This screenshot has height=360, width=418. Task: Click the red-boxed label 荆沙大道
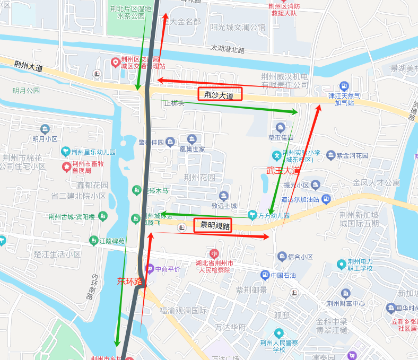pyautogui.click(x=220, y=95)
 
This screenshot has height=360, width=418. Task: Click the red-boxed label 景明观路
pyautogui.click(x=213, y=226)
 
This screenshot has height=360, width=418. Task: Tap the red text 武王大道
pyautogui.click(x=283, y=171)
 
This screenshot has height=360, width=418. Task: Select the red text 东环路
pyautogui.click(x=130, y=281)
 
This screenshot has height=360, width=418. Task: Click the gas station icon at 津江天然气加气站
pyautogui.click(x=344, y=86)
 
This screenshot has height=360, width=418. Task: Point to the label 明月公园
pyautogui.click(x=27, y=91)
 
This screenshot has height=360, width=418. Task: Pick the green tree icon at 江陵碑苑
pyautogui.click(x=93, y=241)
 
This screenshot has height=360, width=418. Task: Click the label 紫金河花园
pyautogui.click(x=352, y=156)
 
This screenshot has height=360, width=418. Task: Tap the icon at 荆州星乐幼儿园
pyautogui.click(x=66, y=152)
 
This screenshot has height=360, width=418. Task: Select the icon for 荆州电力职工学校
pyautogui.click(x=342, y=264)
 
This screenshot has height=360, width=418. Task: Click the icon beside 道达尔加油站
pyautogui.click(x=326, y=199)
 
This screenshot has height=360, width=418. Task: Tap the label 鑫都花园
pyautogui.click(x=93, y=185)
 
